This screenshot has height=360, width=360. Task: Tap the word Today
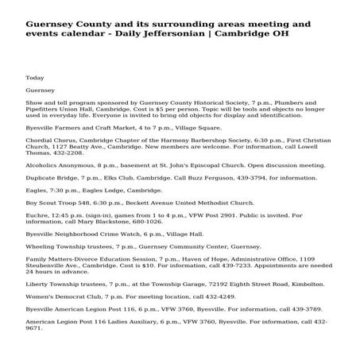[x=35, y=78]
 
